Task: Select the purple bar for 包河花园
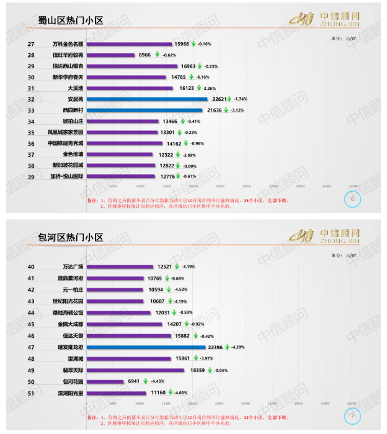coord(106,381)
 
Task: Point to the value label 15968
coord(182,44)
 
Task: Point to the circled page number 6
coord(352,199)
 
